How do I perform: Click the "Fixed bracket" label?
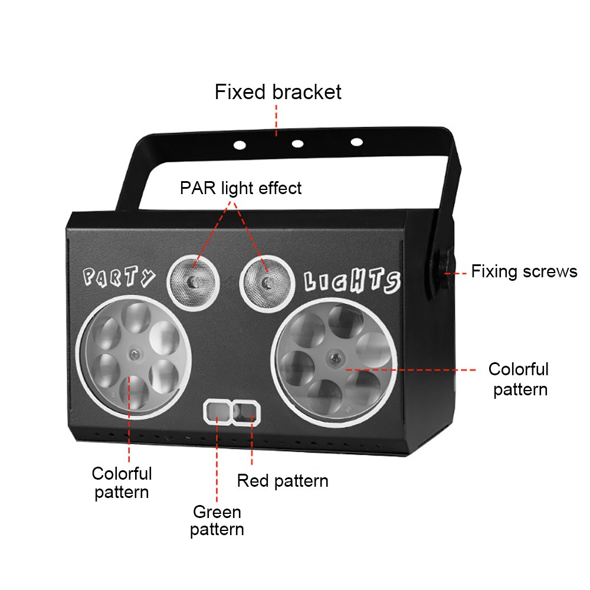(278, 92)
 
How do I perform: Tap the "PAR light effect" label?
(241, 188)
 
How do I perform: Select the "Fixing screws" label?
(524, 271)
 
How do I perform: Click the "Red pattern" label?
(283, 480)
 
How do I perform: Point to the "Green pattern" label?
(217, 520)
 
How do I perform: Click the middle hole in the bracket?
(297, 143)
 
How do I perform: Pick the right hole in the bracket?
(356, 142)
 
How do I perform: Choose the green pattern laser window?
(217, 411)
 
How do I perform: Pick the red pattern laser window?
(245, 411)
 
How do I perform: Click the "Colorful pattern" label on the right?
(519, 379)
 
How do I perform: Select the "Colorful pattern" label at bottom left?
(122, 482)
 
